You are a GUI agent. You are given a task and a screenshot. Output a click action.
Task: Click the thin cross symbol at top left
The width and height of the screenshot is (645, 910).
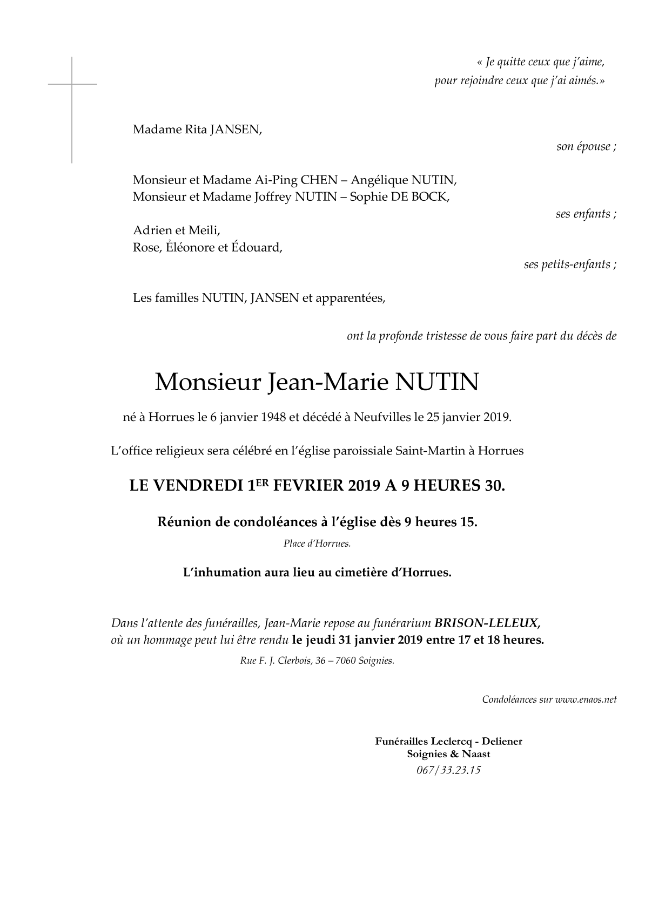[x=72, y=85]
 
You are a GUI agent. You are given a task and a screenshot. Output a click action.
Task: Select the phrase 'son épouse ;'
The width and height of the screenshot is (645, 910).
[x=586, y=147]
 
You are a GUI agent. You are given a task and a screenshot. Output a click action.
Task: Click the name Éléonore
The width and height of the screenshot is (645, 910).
[x=191, y=248]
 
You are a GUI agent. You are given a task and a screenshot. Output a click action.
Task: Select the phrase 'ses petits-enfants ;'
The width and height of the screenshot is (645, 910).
[x=570, y=265]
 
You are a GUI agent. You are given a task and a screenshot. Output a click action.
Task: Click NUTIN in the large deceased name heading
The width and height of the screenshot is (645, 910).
[x=437, y=383]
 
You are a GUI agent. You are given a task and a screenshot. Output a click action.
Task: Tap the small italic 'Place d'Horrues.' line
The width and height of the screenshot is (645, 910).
[x=317, y=544]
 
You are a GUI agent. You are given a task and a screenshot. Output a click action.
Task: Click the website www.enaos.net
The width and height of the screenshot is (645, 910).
[x=586, y=700]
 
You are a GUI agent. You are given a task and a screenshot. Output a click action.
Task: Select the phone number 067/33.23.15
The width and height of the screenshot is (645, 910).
[x=448, y=770]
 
